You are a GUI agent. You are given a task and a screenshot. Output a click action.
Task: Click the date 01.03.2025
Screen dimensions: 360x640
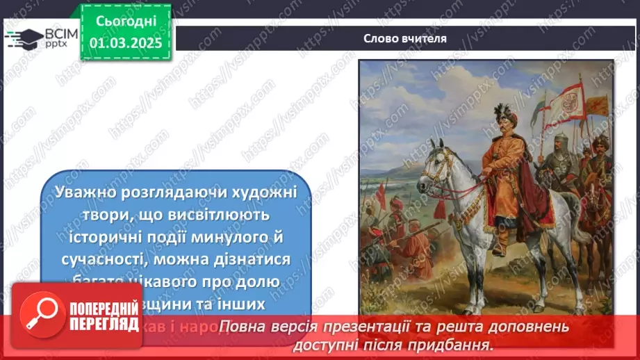tap(125, 43)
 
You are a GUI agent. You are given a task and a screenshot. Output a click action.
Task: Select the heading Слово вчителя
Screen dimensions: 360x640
tap(405, 38)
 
